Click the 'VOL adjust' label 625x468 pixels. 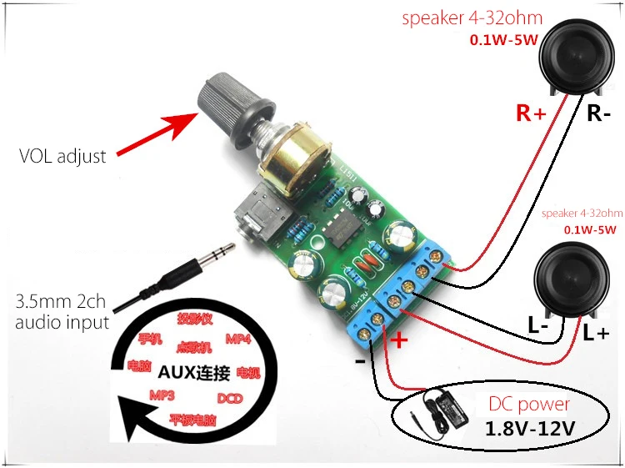pos(63,156)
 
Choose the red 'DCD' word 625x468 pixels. pos(229,398)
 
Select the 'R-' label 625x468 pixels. pos(599,113)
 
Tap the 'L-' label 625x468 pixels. pos(538,328)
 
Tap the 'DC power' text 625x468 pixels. pos(528,405)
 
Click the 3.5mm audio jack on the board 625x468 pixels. pos(253,214)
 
